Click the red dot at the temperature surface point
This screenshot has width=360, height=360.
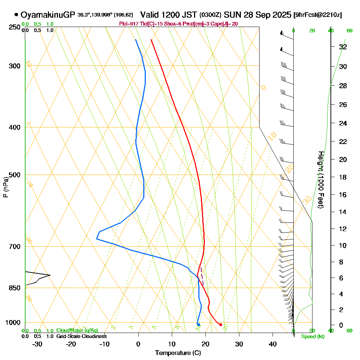pyautogui.click(x=221, y=325)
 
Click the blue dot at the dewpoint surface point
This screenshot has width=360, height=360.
pyautogui.click(x=198, y=325)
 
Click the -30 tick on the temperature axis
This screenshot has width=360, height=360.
pyautogui.click(x=37, y=344)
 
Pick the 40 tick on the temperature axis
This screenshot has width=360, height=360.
pyautogui.click(x=273, y=344)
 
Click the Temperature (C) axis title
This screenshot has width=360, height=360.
pyautogui.click(x=178, y=353)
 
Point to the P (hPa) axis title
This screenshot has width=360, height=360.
pyautogui.click(x=5, y=187)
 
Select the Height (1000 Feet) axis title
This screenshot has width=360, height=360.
pyautogui.click(x=320, y=180)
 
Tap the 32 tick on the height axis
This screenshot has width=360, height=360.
pyautogui.click(x=343, y=47)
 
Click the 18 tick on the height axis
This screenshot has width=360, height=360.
pyautogui.click(x=343, y=177)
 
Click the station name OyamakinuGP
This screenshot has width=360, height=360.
pyautogui.click(x=48, y=15)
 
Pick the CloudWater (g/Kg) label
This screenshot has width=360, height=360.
pyautogui.click(x=77, y=330)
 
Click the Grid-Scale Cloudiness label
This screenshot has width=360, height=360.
pyautogui.click(x=81, y=336)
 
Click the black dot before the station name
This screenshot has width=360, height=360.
pyautogui.click(x=16, y=15)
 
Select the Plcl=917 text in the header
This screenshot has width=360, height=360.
pyautogui.click(x=128, y=24)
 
